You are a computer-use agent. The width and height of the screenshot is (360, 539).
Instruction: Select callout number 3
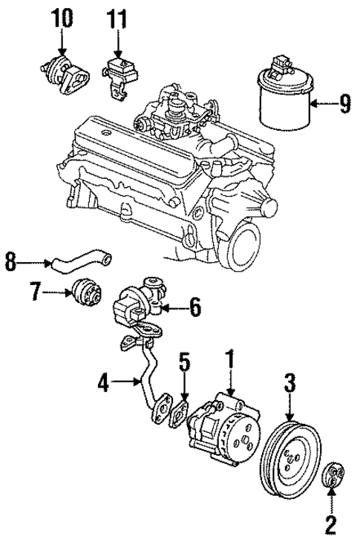pos(290,383)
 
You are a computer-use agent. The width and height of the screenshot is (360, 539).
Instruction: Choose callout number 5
pos(186,365)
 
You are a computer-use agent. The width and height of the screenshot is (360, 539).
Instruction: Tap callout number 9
pos(344,105)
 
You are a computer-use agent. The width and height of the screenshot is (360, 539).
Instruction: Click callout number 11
pos(117,18)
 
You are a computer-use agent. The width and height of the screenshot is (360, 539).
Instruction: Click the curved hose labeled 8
pos(82,261)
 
